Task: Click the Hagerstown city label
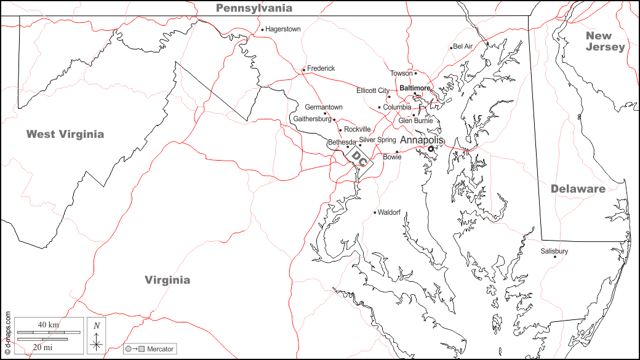point(283,29)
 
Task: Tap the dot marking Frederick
point(303,70)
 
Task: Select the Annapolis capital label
point(422,140)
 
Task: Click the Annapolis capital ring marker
point(431,148)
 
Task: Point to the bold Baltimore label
point(415,88)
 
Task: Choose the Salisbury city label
point(554,251)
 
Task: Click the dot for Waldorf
point(375,213)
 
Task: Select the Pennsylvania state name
point(254,8)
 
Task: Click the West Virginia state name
point(65,134)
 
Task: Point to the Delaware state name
point(578,189)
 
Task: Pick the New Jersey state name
point(605,41)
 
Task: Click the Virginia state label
point(167,280)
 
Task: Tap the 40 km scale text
point(48,324)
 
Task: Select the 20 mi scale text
point(42,347)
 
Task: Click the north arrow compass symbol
point(96,336)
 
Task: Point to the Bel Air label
point(463,47)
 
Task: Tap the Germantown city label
point(324,107)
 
